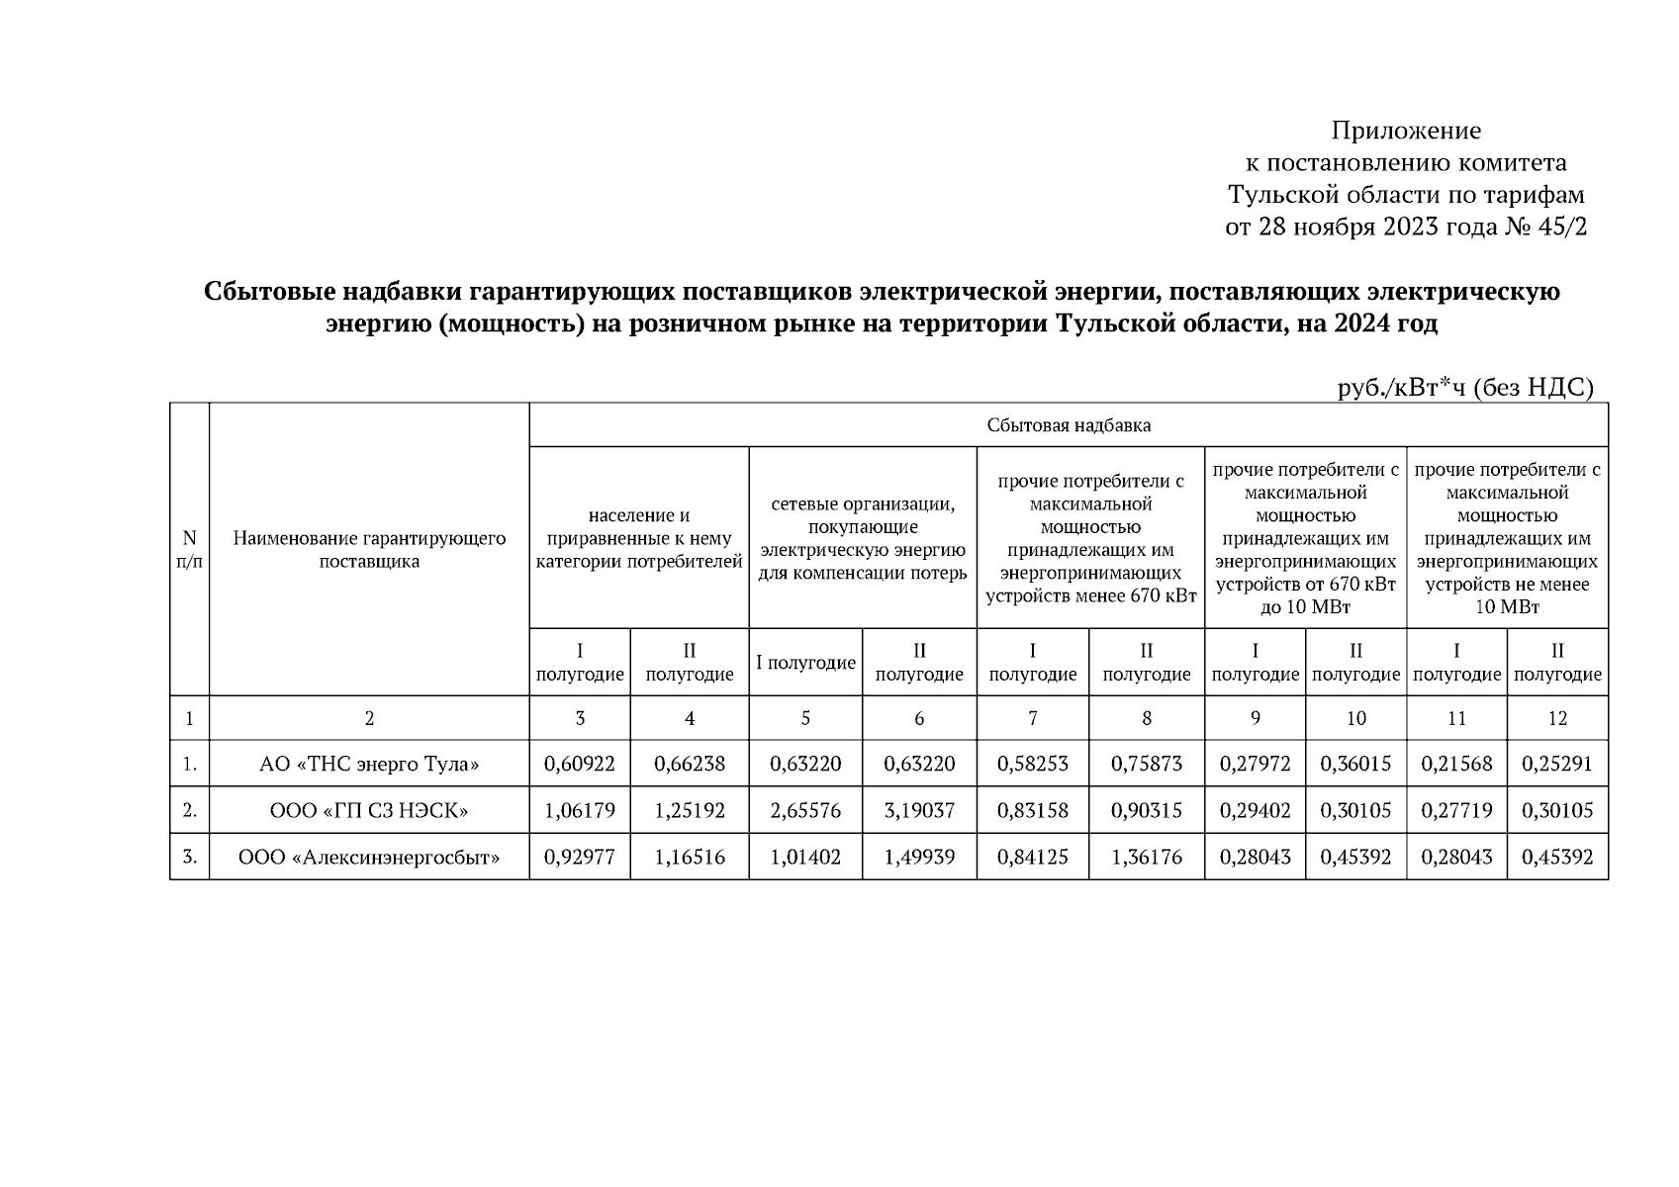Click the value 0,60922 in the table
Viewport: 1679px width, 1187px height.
tap(580, 764)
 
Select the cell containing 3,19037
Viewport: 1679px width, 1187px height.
tap(919, 810)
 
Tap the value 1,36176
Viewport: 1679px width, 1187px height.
tap(1147, 857)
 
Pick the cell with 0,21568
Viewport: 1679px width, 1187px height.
tap(1456, 764)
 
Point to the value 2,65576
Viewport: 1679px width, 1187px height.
tap(805, 810)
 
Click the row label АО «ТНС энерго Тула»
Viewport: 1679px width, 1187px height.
tap(369, 764)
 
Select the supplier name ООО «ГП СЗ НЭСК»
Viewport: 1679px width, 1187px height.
tap(369, 810)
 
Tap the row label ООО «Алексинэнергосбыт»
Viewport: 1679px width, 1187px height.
tap(369, 857)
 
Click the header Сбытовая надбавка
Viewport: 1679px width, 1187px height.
tap(1069, 425)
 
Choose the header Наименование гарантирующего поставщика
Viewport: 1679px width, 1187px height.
tap(369, 550)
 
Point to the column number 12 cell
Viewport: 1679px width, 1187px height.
tap(1557, 718)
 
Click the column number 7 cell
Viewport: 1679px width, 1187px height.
tap(1032, 718)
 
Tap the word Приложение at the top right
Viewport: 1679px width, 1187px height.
tap(1405, 131)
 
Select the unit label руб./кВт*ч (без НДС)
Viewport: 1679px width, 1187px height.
tap(1465, 389)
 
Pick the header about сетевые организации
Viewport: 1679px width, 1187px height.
tap(863, 538)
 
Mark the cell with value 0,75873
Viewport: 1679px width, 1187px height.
tap(1147, 764)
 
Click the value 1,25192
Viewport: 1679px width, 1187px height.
tap(690, 810)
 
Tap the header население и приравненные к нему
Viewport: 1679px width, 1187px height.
tap(639, 538)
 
